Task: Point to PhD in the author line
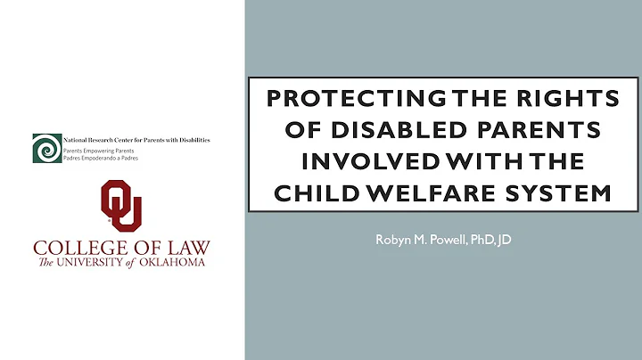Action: [x=481, y=239]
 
